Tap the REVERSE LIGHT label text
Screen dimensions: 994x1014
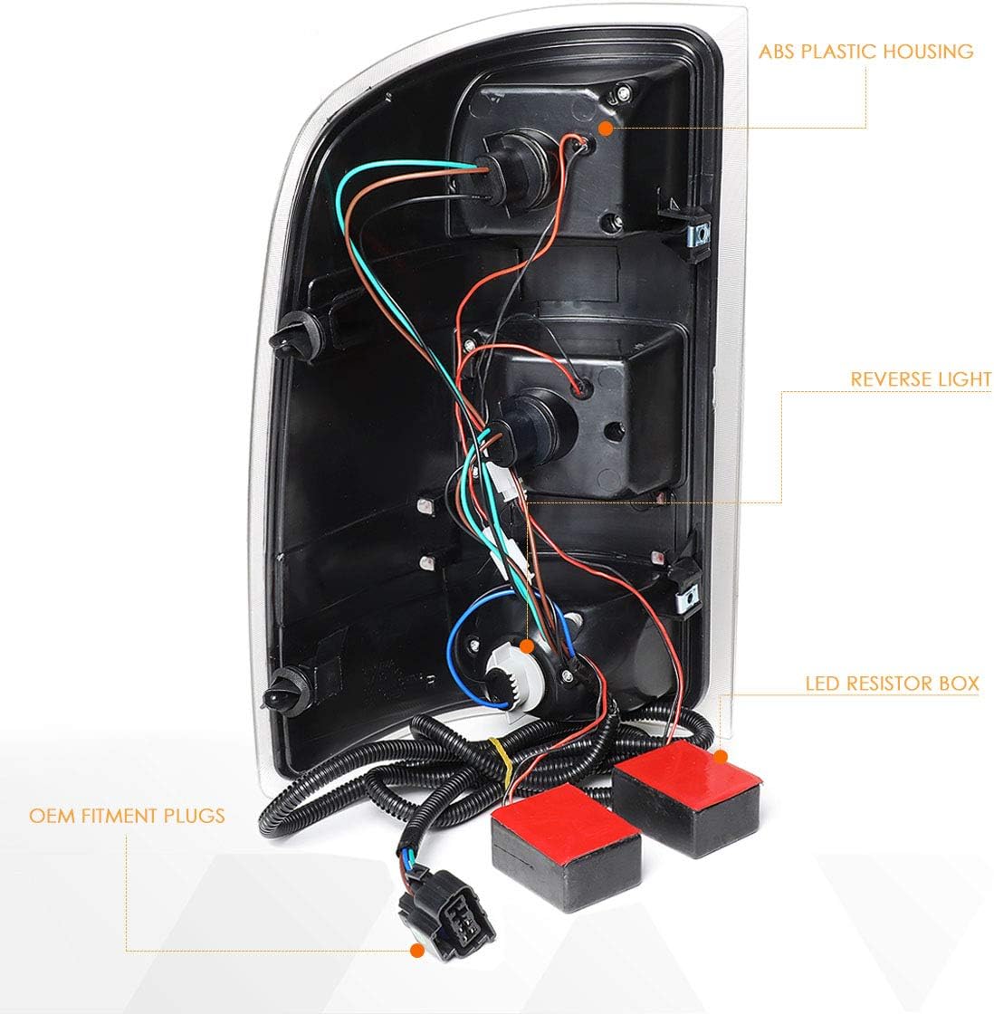coord(920,378)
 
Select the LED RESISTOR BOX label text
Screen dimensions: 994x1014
coord(892,682)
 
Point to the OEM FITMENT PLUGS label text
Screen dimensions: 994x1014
coord(126,816)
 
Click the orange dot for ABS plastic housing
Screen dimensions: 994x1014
coord(606,129)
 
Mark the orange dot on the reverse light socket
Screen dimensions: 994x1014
coord(528,645)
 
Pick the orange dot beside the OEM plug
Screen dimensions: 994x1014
coord(417,951)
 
